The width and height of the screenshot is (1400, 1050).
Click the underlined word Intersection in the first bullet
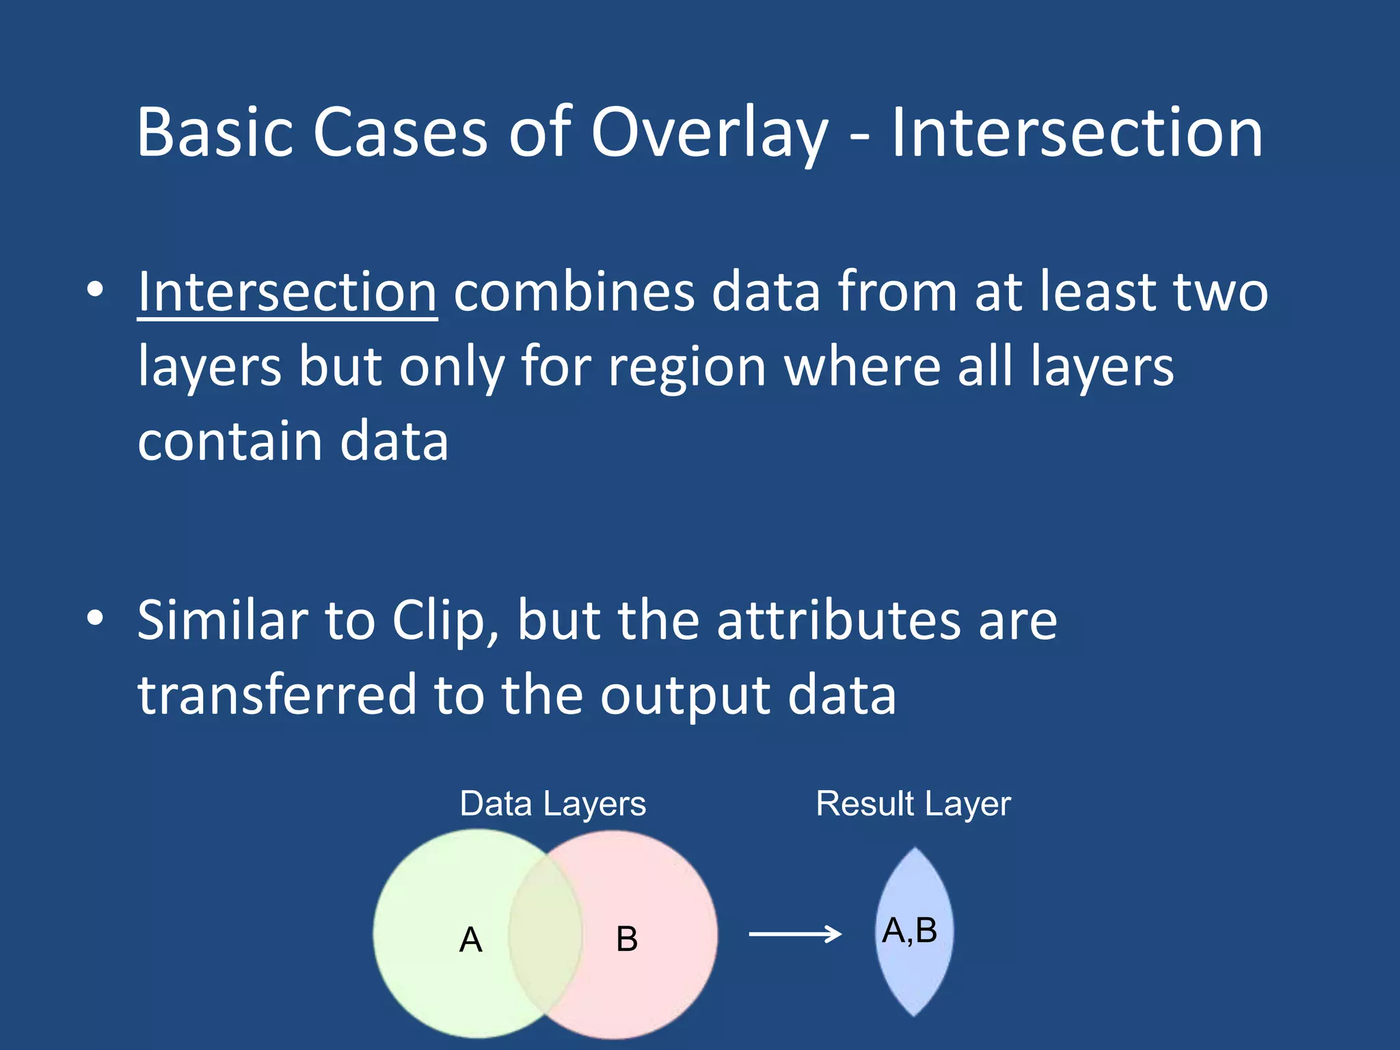[x=287, y=293]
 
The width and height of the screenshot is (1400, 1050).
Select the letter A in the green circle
[x=470, y=939]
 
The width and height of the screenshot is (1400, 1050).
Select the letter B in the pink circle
[x=626, y=939]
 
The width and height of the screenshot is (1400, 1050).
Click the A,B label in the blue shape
[x=909, y=930]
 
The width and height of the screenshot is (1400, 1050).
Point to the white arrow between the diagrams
[x=794, y=934]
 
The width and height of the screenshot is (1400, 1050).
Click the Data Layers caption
[x=552, y=804]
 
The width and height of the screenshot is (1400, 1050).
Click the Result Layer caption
[x=913, y=804]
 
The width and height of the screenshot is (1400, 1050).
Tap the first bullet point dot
[x=95, y=290]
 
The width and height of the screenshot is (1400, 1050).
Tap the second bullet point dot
[x=95, y=618]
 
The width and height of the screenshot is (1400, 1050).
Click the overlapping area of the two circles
[x=545, y=934]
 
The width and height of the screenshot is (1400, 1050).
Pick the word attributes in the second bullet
[x=839, y=621]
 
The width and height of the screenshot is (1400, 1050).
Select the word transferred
[x=277, y=695]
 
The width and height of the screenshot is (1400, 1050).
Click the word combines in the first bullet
[x=574, y=293]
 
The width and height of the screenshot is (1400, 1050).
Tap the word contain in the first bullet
[x=230, y=442]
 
